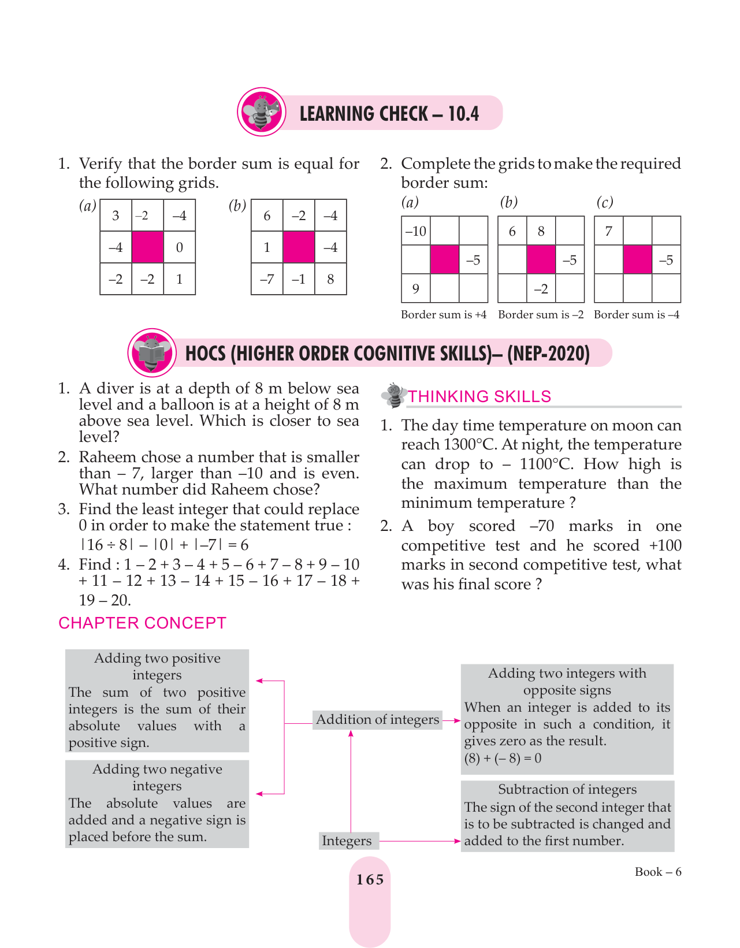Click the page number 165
(370, 879)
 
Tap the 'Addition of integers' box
(377, 719)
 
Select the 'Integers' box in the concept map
(347, 841)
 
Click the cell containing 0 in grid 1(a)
(179, 247)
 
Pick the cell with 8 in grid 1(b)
(330, 279)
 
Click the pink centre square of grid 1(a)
(147, 247)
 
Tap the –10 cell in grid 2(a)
(416, 231)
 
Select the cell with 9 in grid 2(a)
(416, 288)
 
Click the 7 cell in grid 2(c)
(608, 231)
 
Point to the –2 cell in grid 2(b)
(541, 288)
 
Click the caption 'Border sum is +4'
(444, 315)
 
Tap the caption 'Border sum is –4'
(637, 315)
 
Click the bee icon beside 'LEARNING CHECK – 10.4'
(262, 112)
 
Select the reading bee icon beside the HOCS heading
(152, 352)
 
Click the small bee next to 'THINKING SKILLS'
(394, 395)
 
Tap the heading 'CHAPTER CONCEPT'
(142, 623)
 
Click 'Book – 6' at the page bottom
(658, 872)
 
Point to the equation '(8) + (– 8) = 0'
(503, 758)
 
